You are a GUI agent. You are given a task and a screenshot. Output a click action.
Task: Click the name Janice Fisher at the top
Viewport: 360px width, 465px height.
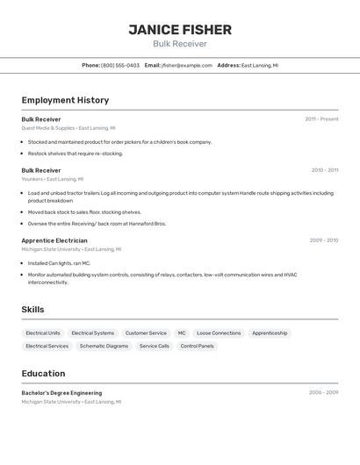(x=180, y=30)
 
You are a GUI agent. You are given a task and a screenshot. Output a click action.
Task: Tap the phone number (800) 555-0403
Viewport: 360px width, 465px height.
(x=120, y=65)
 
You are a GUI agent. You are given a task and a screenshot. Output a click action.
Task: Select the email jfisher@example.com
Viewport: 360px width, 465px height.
(x=186, y=65)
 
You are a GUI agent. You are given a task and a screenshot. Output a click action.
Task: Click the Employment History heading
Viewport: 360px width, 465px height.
(x=65, y=100)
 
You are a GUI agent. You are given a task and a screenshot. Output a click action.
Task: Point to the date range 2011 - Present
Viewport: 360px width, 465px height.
(x=321, y=119)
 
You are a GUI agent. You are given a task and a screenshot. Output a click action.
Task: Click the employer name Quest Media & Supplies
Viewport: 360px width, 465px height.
(x=48, y=128)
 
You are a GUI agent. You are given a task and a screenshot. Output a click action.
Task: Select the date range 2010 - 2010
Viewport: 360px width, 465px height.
(x=324, y=170)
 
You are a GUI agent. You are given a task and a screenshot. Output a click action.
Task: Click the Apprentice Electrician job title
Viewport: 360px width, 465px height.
(x=54, y=240)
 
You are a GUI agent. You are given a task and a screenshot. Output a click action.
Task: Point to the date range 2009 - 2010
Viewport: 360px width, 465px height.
(x=324, y=240)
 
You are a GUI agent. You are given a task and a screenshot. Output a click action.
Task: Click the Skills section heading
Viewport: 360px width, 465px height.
(x=32, y=310)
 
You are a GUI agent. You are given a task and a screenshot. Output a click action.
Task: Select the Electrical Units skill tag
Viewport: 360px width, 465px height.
(x=43, y=333)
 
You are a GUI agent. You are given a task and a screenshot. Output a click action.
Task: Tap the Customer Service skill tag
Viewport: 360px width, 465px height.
(x=146, y=333)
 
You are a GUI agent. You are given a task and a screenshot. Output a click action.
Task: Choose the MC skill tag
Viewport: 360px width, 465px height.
(x=182, y=333)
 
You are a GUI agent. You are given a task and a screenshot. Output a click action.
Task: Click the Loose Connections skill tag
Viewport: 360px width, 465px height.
(x=219, y=333)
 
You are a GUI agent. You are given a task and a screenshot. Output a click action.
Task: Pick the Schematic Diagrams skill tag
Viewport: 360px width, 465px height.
(x=104, y=346)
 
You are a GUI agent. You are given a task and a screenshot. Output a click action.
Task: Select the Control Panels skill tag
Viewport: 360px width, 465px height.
(x=197, y=346)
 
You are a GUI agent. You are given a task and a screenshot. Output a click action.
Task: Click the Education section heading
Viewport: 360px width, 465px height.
(x=43, y=374)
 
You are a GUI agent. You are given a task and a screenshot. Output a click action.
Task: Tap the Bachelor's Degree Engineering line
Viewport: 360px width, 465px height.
(x=61, y=393)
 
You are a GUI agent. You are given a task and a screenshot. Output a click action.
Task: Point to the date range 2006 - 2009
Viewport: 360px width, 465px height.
(x=323, y=393)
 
